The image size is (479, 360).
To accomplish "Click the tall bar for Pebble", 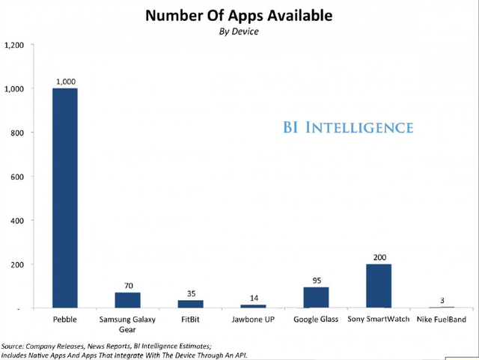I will tap(65, 198).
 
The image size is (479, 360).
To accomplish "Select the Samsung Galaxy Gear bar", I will tap(127, 300).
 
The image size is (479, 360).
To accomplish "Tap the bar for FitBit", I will tap(189, 304).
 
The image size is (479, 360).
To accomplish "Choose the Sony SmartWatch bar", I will tap(378, 286).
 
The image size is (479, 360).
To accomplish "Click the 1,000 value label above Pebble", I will tap(65, 80).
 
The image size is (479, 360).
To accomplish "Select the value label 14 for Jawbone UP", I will tap(252, 298).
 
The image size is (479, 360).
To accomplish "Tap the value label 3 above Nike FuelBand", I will tap(441, 300).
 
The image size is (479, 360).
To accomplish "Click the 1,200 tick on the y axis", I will tap(14, 45).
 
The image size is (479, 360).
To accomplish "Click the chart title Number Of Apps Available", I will tap(239, 15).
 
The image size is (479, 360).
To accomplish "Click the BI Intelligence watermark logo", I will tap(347, 127).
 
